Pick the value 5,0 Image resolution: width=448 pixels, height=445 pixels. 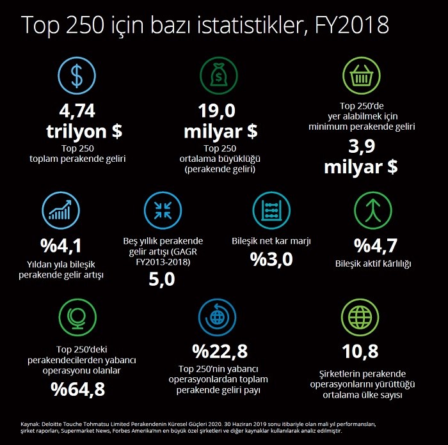pos(162,279)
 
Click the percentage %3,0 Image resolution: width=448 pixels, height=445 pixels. pos(271,260)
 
